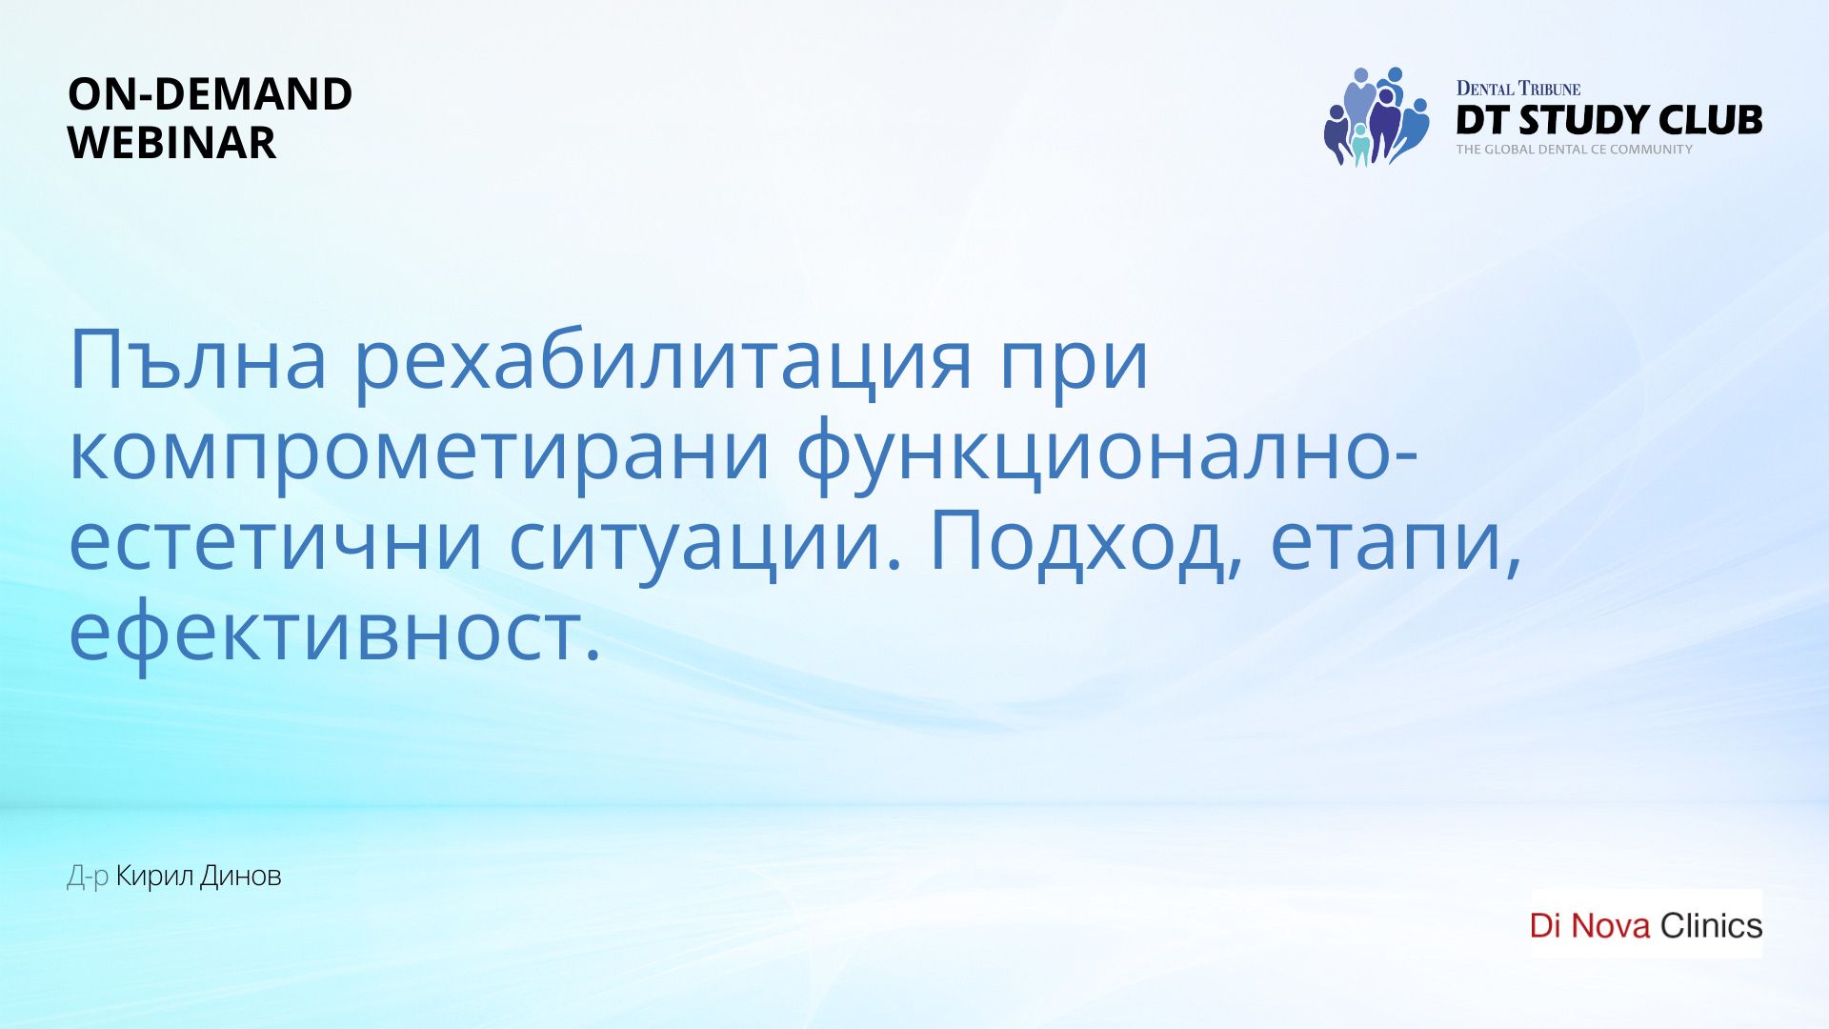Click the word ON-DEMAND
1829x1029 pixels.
coord(211,94)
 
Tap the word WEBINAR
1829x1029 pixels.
coord(172,143)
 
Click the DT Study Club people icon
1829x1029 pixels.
coord(1377,116)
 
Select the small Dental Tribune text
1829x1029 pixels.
coord(1518,89)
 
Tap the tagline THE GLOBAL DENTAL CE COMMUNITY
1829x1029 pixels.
coord(1575,150)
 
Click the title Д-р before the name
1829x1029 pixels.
coord(88,877)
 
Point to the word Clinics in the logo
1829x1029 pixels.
coord(1712,925)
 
